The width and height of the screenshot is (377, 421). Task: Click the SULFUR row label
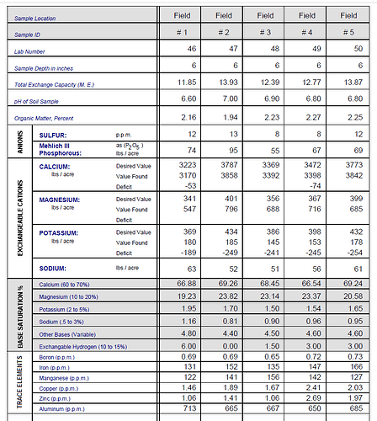[55, 135]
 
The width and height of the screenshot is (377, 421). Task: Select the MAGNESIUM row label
[61, 199]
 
